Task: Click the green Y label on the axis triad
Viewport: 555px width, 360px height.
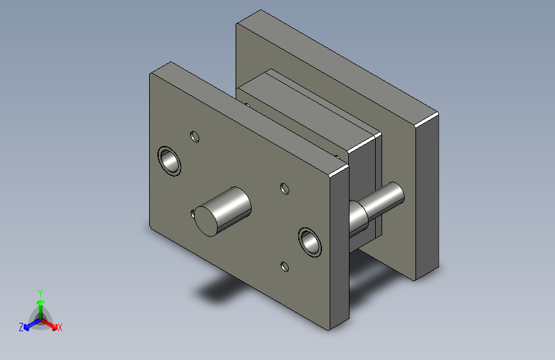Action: coord(40,293)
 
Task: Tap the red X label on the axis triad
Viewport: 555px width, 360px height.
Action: coord(60,327)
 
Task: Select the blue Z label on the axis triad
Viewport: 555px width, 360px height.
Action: coord(21,327)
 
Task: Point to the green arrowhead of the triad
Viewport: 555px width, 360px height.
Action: coord(41,302)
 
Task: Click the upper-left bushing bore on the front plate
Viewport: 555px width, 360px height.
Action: coord(169,161)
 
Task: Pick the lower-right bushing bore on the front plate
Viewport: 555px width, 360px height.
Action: coord(310,242)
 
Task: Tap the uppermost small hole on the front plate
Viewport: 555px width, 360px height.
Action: coord(195,137)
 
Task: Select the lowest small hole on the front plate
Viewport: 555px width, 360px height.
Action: coord(285,267)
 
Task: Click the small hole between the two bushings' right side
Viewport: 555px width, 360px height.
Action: coord(285,189)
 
